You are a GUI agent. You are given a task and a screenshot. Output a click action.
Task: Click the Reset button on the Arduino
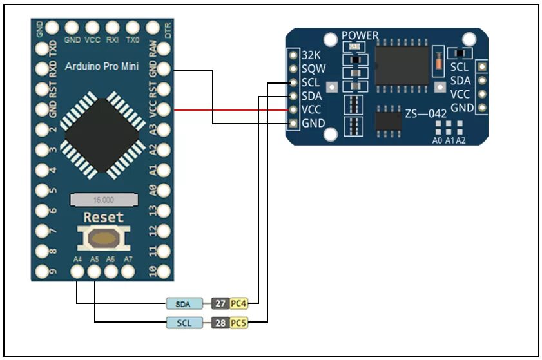(102, 239)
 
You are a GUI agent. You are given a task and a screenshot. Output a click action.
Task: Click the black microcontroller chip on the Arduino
(103, 135)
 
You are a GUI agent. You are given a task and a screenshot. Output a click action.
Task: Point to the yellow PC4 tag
(239, 303)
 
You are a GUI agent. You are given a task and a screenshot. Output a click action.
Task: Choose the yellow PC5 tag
(239, 321)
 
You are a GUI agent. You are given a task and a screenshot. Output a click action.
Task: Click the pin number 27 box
(220, 303)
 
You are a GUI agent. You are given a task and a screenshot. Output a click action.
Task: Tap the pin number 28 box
(220, 321)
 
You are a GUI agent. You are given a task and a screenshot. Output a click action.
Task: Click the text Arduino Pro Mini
(106, 65)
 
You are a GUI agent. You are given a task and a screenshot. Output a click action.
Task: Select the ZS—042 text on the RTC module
(426, 113)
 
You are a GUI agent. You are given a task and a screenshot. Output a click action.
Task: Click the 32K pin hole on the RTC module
(293, 55)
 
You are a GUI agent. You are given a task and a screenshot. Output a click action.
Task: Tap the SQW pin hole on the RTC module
(293, 69)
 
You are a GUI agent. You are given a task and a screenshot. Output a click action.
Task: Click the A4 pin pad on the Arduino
(77, 272)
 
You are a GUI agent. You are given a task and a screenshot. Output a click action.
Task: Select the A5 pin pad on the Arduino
(94, 272)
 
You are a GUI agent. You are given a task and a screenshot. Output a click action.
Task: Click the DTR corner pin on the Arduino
(153, 28)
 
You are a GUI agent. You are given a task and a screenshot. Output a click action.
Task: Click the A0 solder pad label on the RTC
(438, 140)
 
